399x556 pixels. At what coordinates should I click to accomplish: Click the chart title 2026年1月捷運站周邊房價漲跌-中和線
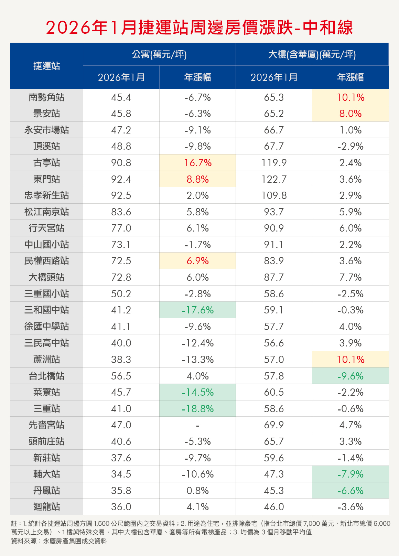coord(199,28)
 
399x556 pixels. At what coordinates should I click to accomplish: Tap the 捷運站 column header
coord(47,66)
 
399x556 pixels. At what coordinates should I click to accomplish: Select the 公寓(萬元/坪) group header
coord(159,54)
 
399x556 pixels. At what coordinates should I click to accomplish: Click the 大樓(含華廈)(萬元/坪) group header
coord(312,54)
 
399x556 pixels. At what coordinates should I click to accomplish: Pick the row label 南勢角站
coord(47,97)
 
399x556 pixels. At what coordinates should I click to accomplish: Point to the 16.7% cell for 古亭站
coord(198,163)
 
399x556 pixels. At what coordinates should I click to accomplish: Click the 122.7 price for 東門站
coord(274,179)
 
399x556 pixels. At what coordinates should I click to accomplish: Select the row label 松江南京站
coord(47,212)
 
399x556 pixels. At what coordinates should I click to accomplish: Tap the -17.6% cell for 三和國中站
coord(198,310)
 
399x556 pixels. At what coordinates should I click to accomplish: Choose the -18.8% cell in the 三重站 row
coord(198,409)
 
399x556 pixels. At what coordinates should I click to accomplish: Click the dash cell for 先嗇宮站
coord(198,425)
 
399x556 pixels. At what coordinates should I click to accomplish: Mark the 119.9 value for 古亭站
coord(274,163)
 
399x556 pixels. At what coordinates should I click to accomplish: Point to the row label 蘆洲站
coord(47,360)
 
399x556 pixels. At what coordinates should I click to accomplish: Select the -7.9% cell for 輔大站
coord(350,474)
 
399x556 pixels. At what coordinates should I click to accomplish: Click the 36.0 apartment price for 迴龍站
coord(121,507)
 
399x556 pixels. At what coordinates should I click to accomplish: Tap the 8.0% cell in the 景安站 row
coord(350,114)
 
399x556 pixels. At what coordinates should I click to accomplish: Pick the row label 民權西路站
coord(47,261)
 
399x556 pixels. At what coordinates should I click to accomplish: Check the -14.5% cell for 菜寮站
coord(198,392)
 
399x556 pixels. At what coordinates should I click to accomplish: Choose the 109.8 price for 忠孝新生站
coord(274,195)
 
